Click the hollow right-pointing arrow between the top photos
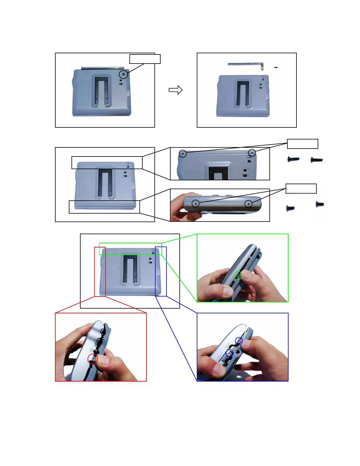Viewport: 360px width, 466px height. tap(176, 90)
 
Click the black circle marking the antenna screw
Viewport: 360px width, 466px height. tap(124, 74)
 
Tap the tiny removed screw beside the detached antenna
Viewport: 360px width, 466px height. tap(276, 67)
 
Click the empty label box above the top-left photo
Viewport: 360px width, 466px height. tap(145, 59)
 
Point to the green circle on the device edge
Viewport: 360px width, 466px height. tap(238, 275)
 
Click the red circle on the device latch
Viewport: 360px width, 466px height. tap(93, 359)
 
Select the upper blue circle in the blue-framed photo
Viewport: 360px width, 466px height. tap(239, 341)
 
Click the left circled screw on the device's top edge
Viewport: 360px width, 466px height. tap(183, 153)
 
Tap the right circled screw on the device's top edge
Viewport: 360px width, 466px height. tap(252, 153)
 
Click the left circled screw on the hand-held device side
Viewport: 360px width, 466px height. tap(196, 203)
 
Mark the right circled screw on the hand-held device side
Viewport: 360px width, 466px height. tap(249, 203)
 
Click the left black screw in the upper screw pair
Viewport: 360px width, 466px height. tap(293, 159)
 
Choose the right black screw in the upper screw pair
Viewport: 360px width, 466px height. tap(317, 160)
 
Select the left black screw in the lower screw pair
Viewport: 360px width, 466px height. tap(290, 208)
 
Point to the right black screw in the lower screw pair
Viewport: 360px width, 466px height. tap(320, 204)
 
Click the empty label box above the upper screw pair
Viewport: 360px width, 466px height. tap(302, 144)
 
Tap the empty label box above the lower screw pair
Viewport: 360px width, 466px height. tap(301, 189)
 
